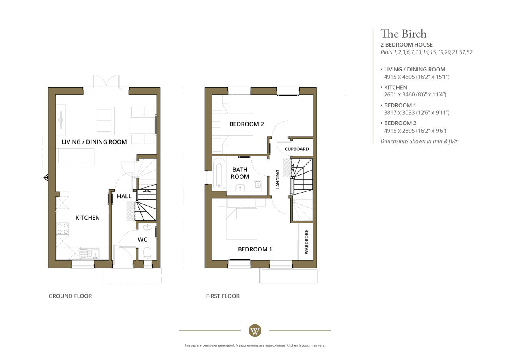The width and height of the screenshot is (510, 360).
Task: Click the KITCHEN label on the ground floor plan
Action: (87, 218)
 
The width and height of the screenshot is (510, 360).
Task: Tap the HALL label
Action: (124, 196)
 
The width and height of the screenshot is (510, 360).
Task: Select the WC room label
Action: (142, 239)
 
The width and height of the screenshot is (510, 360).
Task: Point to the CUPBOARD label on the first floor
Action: (297, 149)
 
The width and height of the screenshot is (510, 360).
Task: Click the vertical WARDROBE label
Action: (307, 242)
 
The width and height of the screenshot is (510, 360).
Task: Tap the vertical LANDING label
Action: (278, 179)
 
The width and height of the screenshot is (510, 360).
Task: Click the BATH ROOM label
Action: (240, 173)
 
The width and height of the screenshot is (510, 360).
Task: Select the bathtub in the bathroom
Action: (219, 173)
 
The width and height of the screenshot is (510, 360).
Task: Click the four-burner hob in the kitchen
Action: (63, 229)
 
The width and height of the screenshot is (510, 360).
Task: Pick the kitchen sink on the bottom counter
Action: (89, 254)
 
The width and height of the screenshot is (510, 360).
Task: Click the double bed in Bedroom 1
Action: (242, 220)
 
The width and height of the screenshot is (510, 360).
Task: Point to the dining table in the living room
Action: (143, 125)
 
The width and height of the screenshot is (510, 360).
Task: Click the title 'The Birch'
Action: (404, 34)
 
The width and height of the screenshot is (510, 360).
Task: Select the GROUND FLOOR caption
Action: (70, 296)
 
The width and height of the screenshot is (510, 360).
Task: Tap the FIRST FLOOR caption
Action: (223, 296)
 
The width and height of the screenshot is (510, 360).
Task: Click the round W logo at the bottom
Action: (255, 331)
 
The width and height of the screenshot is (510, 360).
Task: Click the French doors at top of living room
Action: (106, 81)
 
